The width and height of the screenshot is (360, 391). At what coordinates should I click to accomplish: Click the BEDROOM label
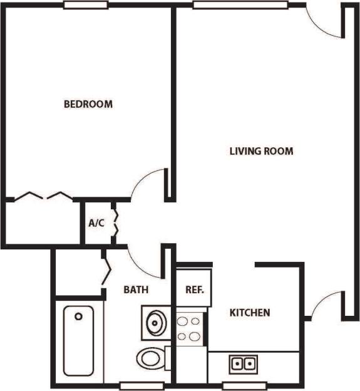point(88,104)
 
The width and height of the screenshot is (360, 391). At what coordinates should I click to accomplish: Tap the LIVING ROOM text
point(261,151)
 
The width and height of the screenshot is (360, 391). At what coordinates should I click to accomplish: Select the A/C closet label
point(96,222)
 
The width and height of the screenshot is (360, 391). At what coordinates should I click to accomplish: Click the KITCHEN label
point(250,312)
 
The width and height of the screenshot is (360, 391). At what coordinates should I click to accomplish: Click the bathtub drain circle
point(78,317)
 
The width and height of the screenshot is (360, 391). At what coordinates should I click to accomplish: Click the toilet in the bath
point(152,359)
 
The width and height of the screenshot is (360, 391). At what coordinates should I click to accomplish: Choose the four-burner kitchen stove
point(190,329)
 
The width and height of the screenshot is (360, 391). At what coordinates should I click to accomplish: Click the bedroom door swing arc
point(148,182)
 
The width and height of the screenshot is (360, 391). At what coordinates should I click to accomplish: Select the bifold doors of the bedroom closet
point(42,196)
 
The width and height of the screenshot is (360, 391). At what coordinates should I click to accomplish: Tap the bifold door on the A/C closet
point(115,223)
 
